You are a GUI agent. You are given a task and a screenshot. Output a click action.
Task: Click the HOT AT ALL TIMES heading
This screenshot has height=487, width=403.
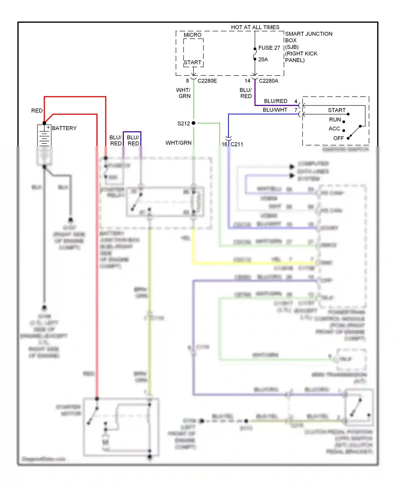(255, 27)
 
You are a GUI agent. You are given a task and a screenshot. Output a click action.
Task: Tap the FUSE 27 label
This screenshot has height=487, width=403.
(269, 48)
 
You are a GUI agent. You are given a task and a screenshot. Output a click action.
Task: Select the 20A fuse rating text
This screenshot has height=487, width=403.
(263, 60)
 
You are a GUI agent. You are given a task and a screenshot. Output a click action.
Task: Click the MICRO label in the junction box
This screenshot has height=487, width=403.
(192, 35)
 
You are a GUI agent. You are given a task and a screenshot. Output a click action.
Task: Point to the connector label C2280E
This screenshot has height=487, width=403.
(207, 81)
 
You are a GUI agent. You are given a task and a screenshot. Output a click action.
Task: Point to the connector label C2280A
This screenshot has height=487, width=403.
(268, 81)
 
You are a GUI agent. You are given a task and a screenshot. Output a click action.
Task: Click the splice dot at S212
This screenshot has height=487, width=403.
(193, 123)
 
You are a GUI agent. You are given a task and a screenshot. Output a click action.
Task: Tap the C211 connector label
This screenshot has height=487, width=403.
(237, 144)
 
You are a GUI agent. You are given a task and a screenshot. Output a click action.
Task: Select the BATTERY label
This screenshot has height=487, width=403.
(64, 128)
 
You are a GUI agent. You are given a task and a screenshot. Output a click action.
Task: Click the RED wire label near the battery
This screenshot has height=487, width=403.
(37, 111)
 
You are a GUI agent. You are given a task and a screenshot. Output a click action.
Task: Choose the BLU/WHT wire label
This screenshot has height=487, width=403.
(275, 110)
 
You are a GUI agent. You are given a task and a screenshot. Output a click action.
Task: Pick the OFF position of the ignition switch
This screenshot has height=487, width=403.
(338, 138)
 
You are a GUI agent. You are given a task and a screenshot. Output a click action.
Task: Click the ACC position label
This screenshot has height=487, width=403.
(334, 129)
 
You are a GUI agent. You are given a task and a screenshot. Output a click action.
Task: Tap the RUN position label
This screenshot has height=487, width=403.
(335, 119)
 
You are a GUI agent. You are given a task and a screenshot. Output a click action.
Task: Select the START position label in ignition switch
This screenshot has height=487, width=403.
(336, 110)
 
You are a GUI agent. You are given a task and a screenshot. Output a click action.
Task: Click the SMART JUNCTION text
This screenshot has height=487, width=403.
(308, 34)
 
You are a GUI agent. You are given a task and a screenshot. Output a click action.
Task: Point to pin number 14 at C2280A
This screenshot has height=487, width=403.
(247, 81)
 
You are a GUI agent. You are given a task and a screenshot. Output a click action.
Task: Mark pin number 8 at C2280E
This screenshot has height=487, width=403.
(188, 81)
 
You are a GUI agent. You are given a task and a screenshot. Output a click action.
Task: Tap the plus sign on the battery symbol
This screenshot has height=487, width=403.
(48, 127)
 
